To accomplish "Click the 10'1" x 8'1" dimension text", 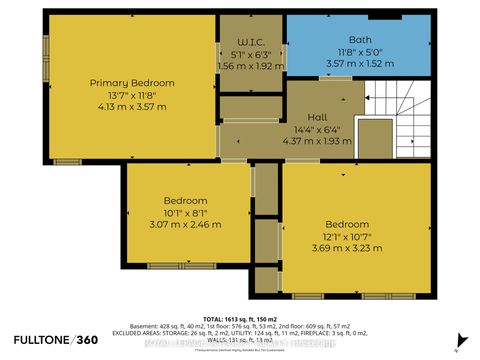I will tap(187, 212).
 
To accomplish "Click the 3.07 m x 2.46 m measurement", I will tap(187, 224).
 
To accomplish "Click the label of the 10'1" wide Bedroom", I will tap(187, 200).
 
